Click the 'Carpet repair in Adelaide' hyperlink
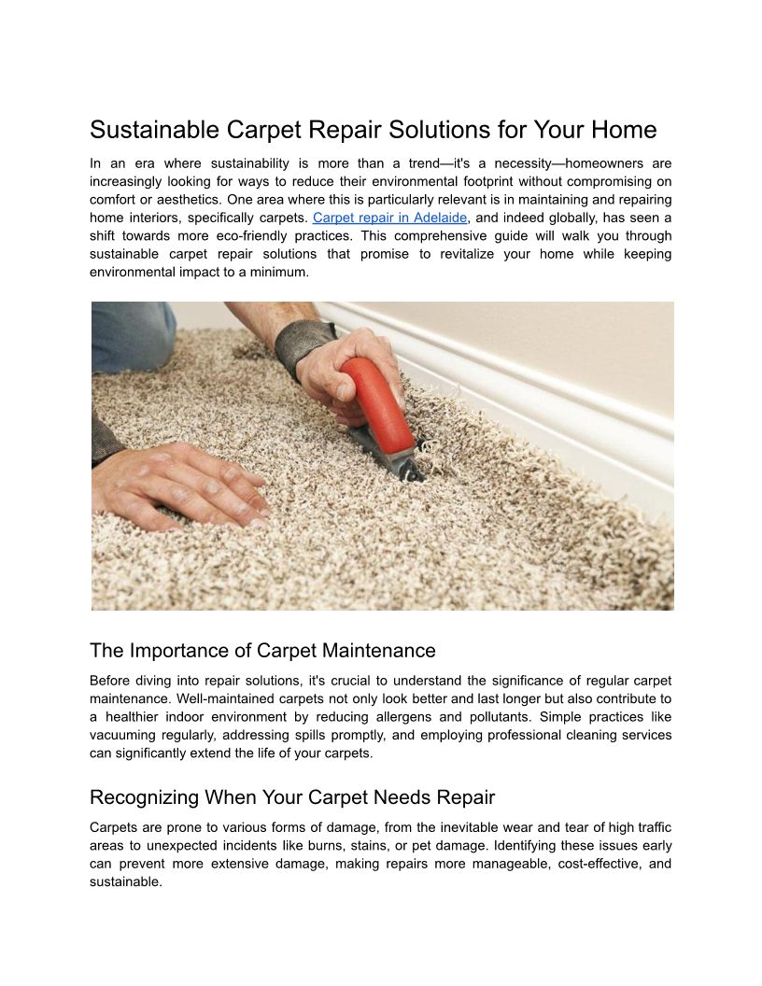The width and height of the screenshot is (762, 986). point(389,218)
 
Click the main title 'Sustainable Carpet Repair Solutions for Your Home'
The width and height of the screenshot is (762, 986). point(374,130)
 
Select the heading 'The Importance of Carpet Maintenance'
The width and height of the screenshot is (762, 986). point(262,650)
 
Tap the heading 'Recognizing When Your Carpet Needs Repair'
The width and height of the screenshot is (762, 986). point(292,797)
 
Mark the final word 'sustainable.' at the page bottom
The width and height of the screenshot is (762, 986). point(126,881)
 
